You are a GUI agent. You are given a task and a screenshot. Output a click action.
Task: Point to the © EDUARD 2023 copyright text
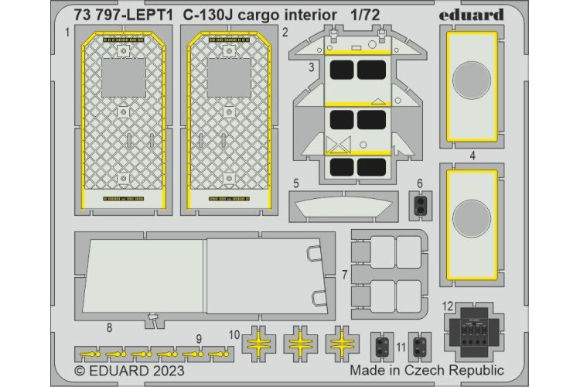(129, 370)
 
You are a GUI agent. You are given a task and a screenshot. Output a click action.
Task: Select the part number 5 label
(297, 185)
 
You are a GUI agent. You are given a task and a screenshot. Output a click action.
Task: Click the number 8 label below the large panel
(110, 328)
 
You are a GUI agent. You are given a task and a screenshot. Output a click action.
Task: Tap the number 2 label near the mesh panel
(285, 33)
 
